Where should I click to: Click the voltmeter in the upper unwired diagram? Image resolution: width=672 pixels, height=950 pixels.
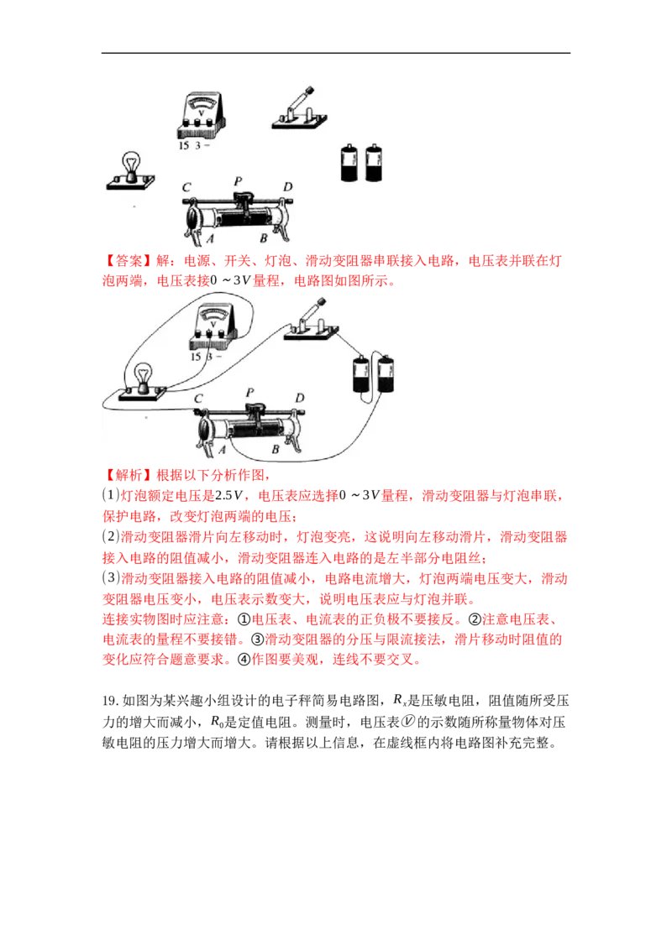[202, 117]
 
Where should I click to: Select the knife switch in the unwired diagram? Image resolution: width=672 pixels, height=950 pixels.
[299, 110]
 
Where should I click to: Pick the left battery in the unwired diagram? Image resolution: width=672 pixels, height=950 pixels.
[349, 163]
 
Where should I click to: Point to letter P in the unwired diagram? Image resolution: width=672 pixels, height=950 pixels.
[238, 181]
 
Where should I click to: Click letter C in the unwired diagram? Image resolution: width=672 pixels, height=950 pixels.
[186, 188]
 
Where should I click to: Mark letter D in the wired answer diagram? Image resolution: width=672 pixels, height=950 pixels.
[300, 398]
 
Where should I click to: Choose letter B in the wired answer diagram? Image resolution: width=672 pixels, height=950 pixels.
[276, 449]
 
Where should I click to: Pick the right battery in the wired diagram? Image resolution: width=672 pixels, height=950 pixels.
[386, 373]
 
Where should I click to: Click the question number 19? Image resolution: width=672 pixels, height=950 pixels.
[110, 701]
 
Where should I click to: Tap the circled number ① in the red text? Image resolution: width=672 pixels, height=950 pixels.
[244, 620]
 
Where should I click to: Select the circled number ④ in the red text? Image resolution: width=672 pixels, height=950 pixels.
[244, 660]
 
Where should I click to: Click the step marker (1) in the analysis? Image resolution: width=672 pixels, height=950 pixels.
[110, 496]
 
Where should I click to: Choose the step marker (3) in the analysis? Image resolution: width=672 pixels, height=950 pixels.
[110, 578]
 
